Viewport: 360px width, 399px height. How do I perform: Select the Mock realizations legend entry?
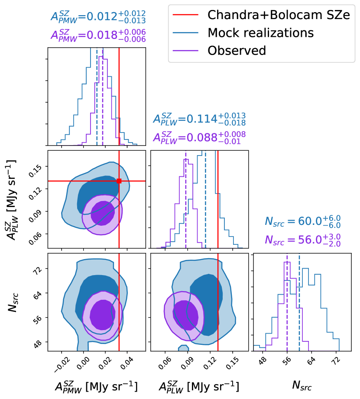260,32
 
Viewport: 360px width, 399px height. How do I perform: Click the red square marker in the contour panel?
119,181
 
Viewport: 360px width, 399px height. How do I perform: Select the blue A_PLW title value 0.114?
199,119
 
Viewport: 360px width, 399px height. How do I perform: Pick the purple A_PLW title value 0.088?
199,137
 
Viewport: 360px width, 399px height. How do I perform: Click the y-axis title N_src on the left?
14,301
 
